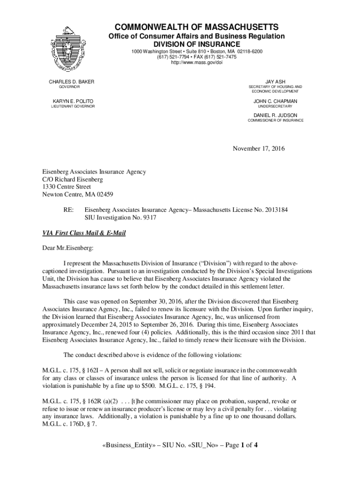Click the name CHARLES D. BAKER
72,82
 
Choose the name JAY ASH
275,82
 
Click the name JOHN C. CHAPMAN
275,101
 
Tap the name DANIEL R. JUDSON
275,115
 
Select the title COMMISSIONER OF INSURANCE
275,121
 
